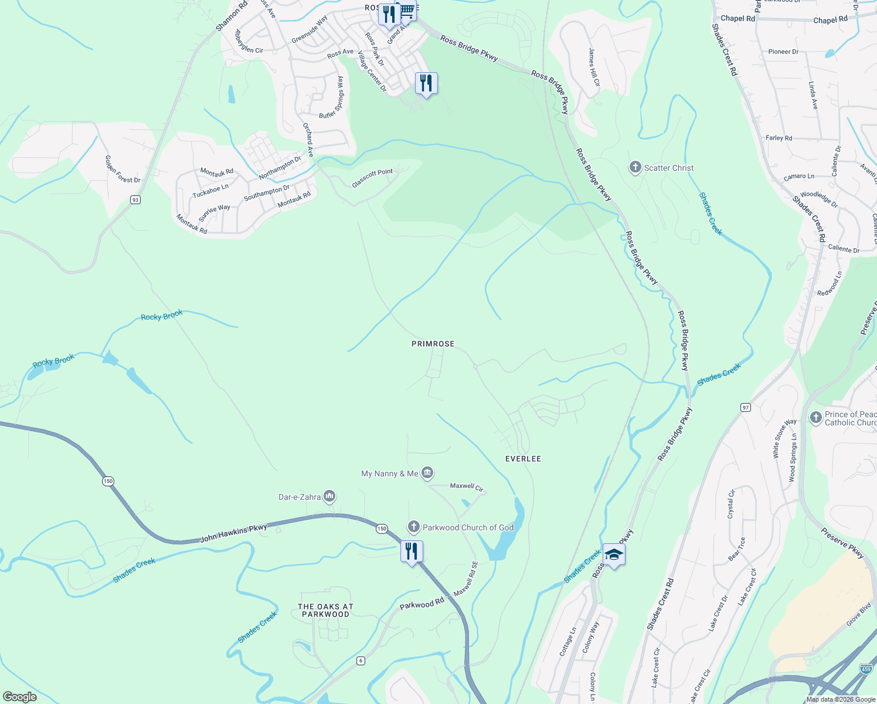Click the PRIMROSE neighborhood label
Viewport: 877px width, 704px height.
pyautogui.click(x=433, y=344)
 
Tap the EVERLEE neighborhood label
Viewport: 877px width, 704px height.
pyautogui.click(x=523, y=459)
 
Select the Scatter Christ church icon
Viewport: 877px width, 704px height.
pyautogui.click(x=635, y=168)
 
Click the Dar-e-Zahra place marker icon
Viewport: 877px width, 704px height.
pyautogui.click(x=329, y=497)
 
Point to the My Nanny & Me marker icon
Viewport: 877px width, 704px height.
pyautogui.click(x=427, y=473)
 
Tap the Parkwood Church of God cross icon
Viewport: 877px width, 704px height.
pyautogui.click(x=414, y=527)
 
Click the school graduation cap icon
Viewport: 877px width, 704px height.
pyautogui.click(x=614, y=554)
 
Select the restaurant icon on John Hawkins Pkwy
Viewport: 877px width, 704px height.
pyautogui.click(x=412, y=551)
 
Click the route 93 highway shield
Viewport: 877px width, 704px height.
pyautogui.click(x=135, y=200)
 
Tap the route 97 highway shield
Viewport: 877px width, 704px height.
pyautogui.click(x=746, y=407)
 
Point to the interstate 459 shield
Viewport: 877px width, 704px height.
pyautogui.click(x=865, y=669)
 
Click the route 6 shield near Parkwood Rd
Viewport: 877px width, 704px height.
pyautogui.click(x=361, y=661)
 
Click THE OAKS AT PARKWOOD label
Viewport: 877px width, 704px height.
pyautogui.click(x=325, y=611)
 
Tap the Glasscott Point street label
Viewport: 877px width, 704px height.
pyautogui.click(x=372, y=178)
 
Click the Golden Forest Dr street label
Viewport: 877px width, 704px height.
pyautogui.click(x=123, y=169)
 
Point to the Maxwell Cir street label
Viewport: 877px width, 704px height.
pyautogui.click(x=467, y=486)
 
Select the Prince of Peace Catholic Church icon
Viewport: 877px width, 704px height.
pyautogui.click(x=815, y=418)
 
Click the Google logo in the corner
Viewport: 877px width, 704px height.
pyautogui.click(x=19, y=697)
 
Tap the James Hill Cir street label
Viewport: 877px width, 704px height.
pyautogui.click(x=594, y=67)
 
